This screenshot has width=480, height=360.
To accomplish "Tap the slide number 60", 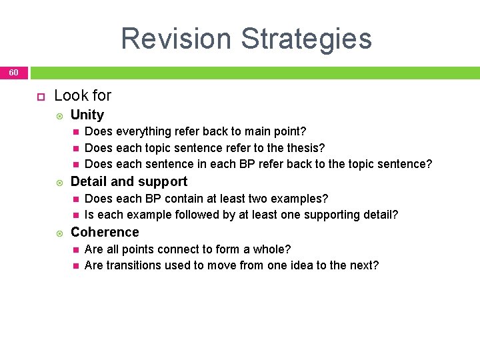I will click(x=14, y=73).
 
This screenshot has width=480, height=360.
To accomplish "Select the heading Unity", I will click(x=87, y=115).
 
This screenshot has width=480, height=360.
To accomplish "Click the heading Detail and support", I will click(x=129, y=181).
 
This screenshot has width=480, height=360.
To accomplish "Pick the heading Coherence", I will click(x=105, y=232).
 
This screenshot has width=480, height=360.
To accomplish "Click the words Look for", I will click(x=83, y=95).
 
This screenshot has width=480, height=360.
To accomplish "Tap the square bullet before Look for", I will click(x=39, y=96).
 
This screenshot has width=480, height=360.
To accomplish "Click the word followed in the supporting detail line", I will click(x=195, y=215).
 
